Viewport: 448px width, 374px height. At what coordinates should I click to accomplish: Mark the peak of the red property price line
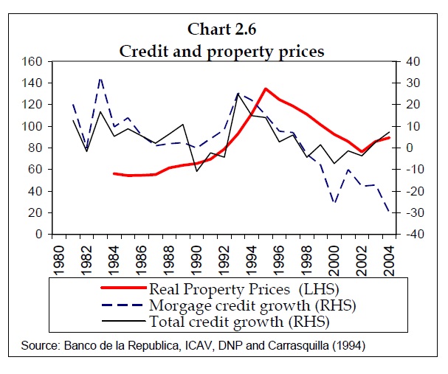click(265, 89)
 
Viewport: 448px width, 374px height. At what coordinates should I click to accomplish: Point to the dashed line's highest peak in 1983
click(100, 77)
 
